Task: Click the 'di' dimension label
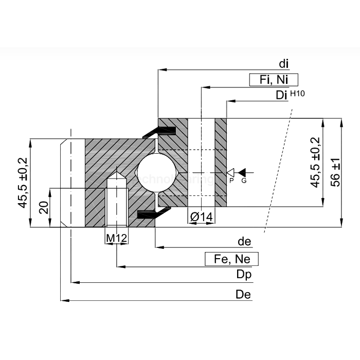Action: point(283,64)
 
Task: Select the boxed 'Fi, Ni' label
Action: point(274,80)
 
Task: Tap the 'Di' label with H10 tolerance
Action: point(281,96)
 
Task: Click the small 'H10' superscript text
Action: point(297,93)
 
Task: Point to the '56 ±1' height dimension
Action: point(335,172)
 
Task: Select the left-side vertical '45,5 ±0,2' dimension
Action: point(23,183)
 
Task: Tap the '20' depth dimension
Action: point(44,207)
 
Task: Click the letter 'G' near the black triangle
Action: point(244,181)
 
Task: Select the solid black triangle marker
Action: point(243,171)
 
